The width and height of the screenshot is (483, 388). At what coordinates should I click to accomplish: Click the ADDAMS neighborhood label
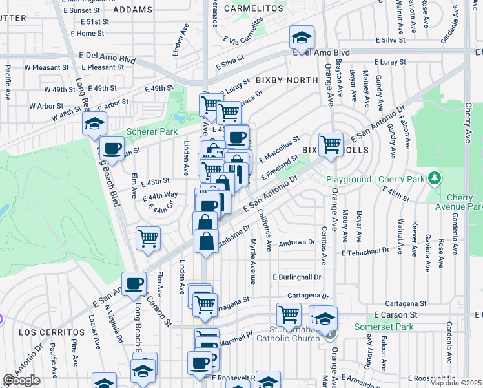[132, 10]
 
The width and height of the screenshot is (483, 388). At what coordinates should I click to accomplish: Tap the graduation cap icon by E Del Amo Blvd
[302, 38]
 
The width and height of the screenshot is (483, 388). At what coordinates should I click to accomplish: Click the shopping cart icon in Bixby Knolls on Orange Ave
[331, 144]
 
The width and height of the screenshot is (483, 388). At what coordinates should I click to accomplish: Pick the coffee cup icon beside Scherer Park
[112, 148]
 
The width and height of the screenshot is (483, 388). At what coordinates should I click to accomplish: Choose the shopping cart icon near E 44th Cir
[148, 238]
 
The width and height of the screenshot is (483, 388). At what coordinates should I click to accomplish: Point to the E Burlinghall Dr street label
[297, 277]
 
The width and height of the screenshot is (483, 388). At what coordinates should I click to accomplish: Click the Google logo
[21, 381]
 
